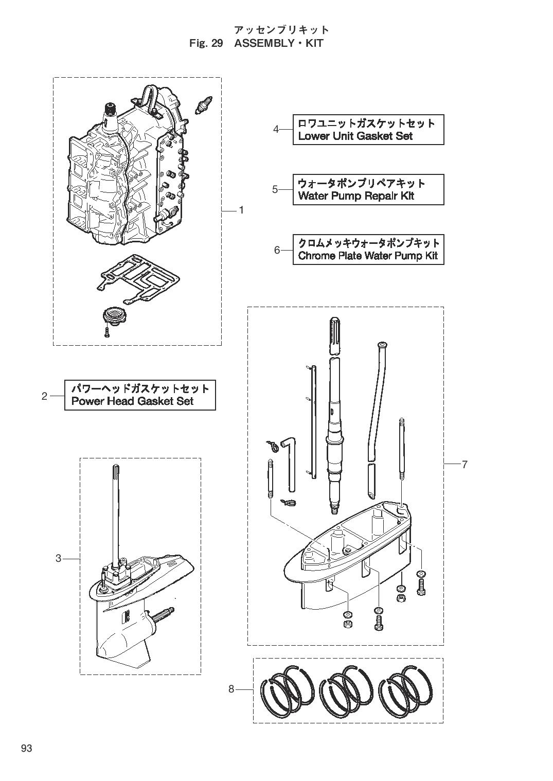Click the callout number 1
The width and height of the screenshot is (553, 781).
coord(241,210)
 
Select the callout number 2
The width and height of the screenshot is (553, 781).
coord(45,396)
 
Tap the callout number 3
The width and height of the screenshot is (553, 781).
coord(59,558)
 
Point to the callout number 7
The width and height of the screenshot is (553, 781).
coord(465,465)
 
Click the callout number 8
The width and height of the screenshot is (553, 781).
coord(231,689)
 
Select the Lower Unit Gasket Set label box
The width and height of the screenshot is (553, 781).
coord(368,130)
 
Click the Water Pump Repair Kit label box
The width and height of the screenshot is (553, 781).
coord(368,190)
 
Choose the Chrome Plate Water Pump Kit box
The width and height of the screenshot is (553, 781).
coord(368,250)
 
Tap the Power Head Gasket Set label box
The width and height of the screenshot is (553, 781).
coord(140,395)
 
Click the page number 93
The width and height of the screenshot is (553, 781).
coord(27,749)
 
